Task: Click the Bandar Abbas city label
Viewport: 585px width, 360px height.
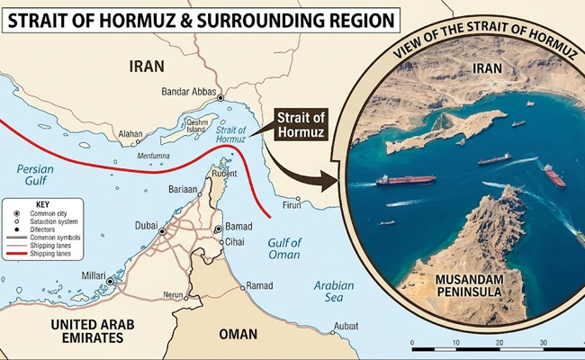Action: click(190, 91)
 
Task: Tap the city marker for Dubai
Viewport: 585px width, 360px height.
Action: click(162, 231)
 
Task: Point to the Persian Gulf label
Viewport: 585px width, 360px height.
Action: click(36, 175)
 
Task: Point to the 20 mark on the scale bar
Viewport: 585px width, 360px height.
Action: click(499, 343)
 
